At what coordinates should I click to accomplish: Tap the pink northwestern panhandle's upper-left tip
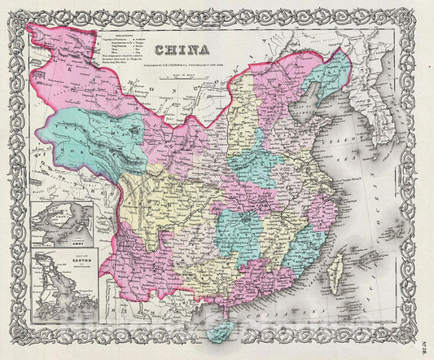33,31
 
